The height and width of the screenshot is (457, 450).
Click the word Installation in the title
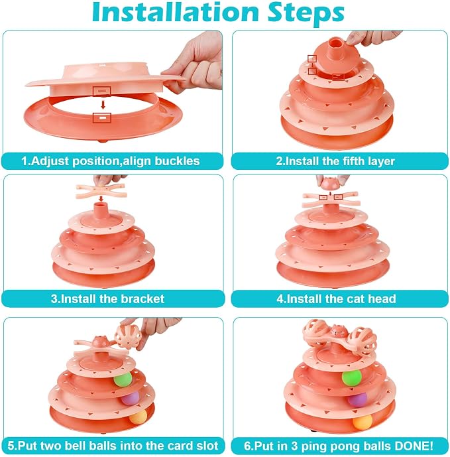[176, 12]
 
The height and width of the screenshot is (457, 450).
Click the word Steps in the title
[306, 14]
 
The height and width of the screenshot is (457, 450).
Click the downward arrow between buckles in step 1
[103, 105]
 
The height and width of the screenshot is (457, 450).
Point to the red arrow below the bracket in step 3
[101, 199]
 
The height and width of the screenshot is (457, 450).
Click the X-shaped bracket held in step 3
[101, 190]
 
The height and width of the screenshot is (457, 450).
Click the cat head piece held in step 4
[330, 183]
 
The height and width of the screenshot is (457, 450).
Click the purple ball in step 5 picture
[130, 398]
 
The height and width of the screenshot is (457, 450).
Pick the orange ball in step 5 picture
[138, 417]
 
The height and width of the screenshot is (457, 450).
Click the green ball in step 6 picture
[351, 378]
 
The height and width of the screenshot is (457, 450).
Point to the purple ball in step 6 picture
[357, 400]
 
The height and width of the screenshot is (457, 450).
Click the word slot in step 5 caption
[207, 446]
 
